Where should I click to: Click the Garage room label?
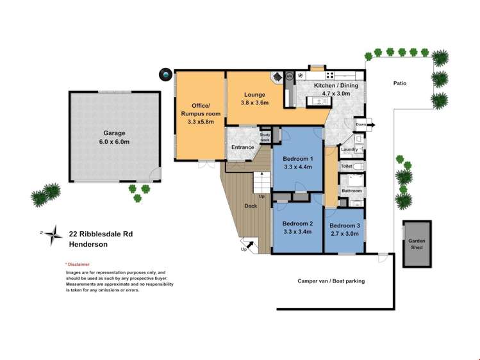tap(114, 133)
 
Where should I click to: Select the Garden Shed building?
tap(417, 244)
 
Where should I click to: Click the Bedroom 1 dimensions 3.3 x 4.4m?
tap(298, 167)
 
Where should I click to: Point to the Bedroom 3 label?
tap(345, 225)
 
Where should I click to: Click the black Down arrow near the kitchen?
tap(370, 125)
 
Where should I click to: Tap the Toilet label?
tap(346, 166)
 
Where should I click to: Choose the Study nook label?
tap(265, 137)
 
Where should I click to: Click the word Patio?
tap(400, 83)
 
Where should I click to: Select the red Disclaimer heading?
tap(78, 265)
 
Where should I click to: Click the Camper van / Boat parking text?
tap(331, 281)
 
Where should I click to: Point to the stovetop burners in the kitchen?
tap(329, 75)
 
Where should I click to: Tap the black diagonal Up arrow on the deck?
tap(250, 245)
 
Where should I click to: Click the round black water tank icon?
tap(165, 74)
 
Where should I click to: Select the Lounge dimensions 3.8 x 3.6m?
tap(254, 102)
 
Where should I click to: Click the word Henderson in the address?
tap(88, 245)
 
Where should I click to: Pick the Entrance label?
tap(243, 147)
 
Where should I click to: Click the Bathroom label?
tap(352, 191)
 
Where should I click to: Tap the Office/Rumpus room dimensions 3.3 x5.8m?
tap(201, 122)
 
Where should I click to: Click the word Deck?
tap(251, 206)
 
